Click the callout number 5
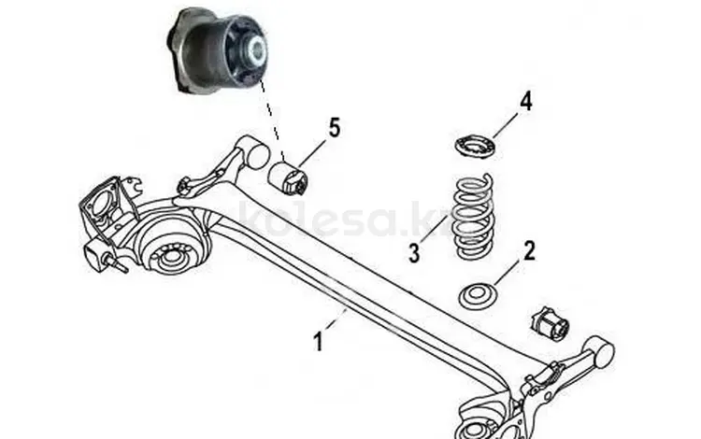(x=335, y=128)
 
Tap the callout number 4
(x=526, y=102)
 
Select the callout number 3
(x=414, y=253)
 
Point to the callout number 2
(x=529, y=251)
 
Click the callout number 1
(x=319, y=342)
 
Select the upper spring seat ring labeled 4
(x=476, y=146)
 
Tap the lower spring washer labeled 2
(x=479, y=295)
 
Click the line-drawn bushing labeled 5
(x=289, y=178)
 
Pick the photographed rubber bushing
(x=217, y=52)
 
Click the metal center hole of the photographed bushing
(x=256, y=49)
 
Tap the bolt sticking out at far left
(x=115, y=263)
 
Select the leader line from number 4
(x=506, y=125)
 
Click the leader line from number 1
(x=337, y=319)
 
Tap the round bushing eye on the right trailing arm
(x=599, y=350)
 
